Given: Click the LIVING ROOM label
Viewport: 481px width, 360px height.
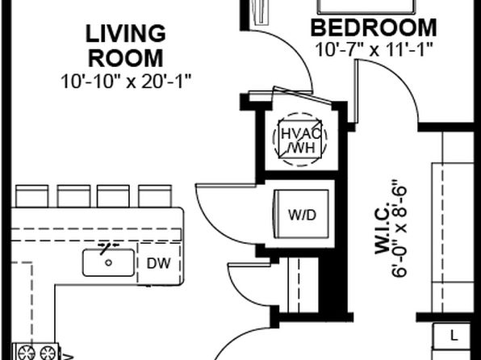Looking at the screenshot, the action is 126,46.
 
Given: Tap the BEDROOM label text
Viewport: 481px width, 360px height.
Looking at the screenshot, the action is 374,28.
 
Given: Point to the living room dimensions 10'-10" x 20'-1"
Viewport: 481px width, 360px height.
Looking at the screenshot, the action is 126,82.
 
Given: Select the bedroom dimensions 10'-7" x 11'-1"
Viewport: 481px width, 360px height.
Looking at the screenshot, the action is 374,49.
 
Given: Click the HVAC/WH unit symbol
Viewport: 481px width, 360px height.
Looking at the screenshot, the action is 299,140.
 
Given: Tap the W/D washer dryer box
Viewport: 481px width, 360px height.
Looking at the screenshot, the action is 301,214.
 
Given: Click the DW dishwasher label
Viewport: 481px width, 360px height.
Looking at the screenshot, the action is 159,263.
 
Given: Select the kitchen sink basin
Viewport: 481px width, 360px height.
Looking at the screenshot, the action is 108,262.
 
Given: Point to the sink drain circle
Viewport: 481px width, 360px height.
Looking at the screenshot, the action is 108,262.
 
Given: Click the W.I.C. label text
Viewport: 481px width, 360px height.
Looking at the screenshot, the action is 383,228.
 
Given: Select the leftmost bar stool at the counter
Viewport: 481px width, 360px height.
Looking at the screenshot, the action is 32,196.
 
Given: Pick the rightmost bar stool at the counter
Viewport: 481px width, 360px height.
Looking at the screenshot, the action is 155,196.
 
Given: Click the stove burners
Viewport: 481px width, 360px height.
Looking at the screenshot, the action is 36,352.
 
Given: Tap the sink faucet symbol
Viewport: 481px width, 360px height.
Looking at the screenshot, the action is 108,247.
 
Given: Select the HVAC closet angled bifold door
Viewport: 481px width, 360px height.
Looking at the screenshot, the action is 302,94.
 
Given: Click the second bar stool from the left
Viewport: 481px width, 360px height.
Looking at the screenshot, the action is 73,196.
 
